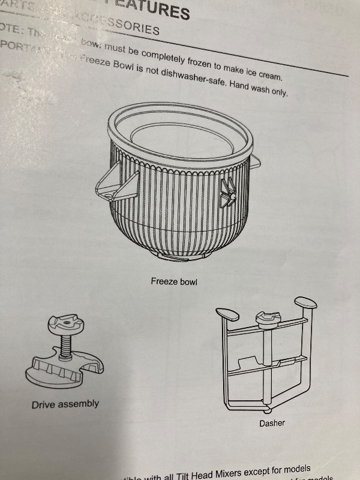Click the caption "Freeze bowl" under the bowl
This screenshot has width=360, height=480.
[x=174, y=281]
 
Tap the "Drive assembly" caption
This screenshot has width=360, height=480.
[x=65, y=404]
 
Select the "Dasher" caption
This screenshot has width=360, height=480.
[x=272, y=424]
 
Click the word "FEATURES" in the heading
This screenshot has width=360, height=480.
[x=158, y=9]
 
